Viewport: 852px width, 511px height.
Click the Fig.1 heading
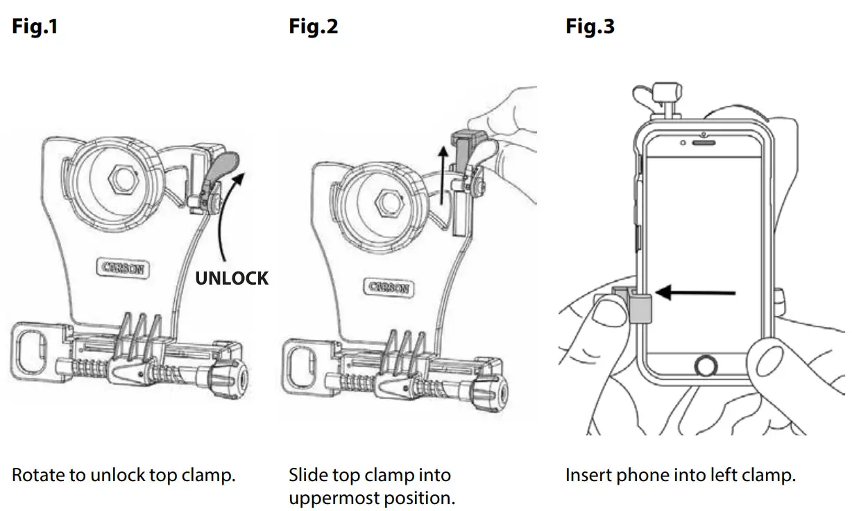click(35, 26)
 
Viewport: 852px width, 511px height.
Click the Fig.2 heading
click(314, 26)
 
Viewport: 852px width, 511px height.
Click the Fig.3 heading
click(590, 26)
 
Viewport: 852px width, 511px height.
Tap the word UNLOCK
click(231, 278)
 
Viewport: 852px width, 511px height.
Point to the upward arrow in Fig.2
click(442, 174)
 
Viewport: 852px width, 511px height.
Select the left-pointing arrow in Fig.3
click(694, 293)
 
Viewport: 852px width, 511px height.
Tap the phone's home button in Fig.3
click(705, 365)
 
